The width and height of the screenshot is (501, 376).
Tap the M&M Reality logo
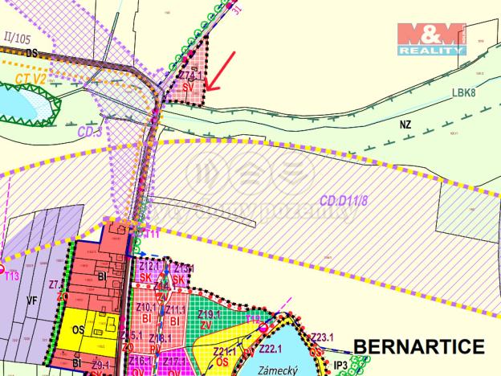pyautogui.click(x=432, y=38)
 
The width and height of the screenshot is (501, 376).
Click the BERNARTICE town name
pyautogui.click(x=419, y=347)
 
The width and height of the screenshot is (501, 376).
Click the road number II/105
pyautogui.click(x=18, y=38)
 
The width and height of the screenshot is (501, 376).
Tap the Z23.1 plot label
pyautogui.click(x=322, y=337)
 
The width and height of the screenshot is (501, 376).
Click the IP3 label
pyautogui.click(x=342, y=365)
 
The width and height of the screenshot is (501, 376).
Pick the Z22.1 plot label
pyautogui.click(x=269, y=348)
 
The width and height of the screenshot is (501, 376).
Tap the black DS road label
pyautogui.click(x=32, y=53)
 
